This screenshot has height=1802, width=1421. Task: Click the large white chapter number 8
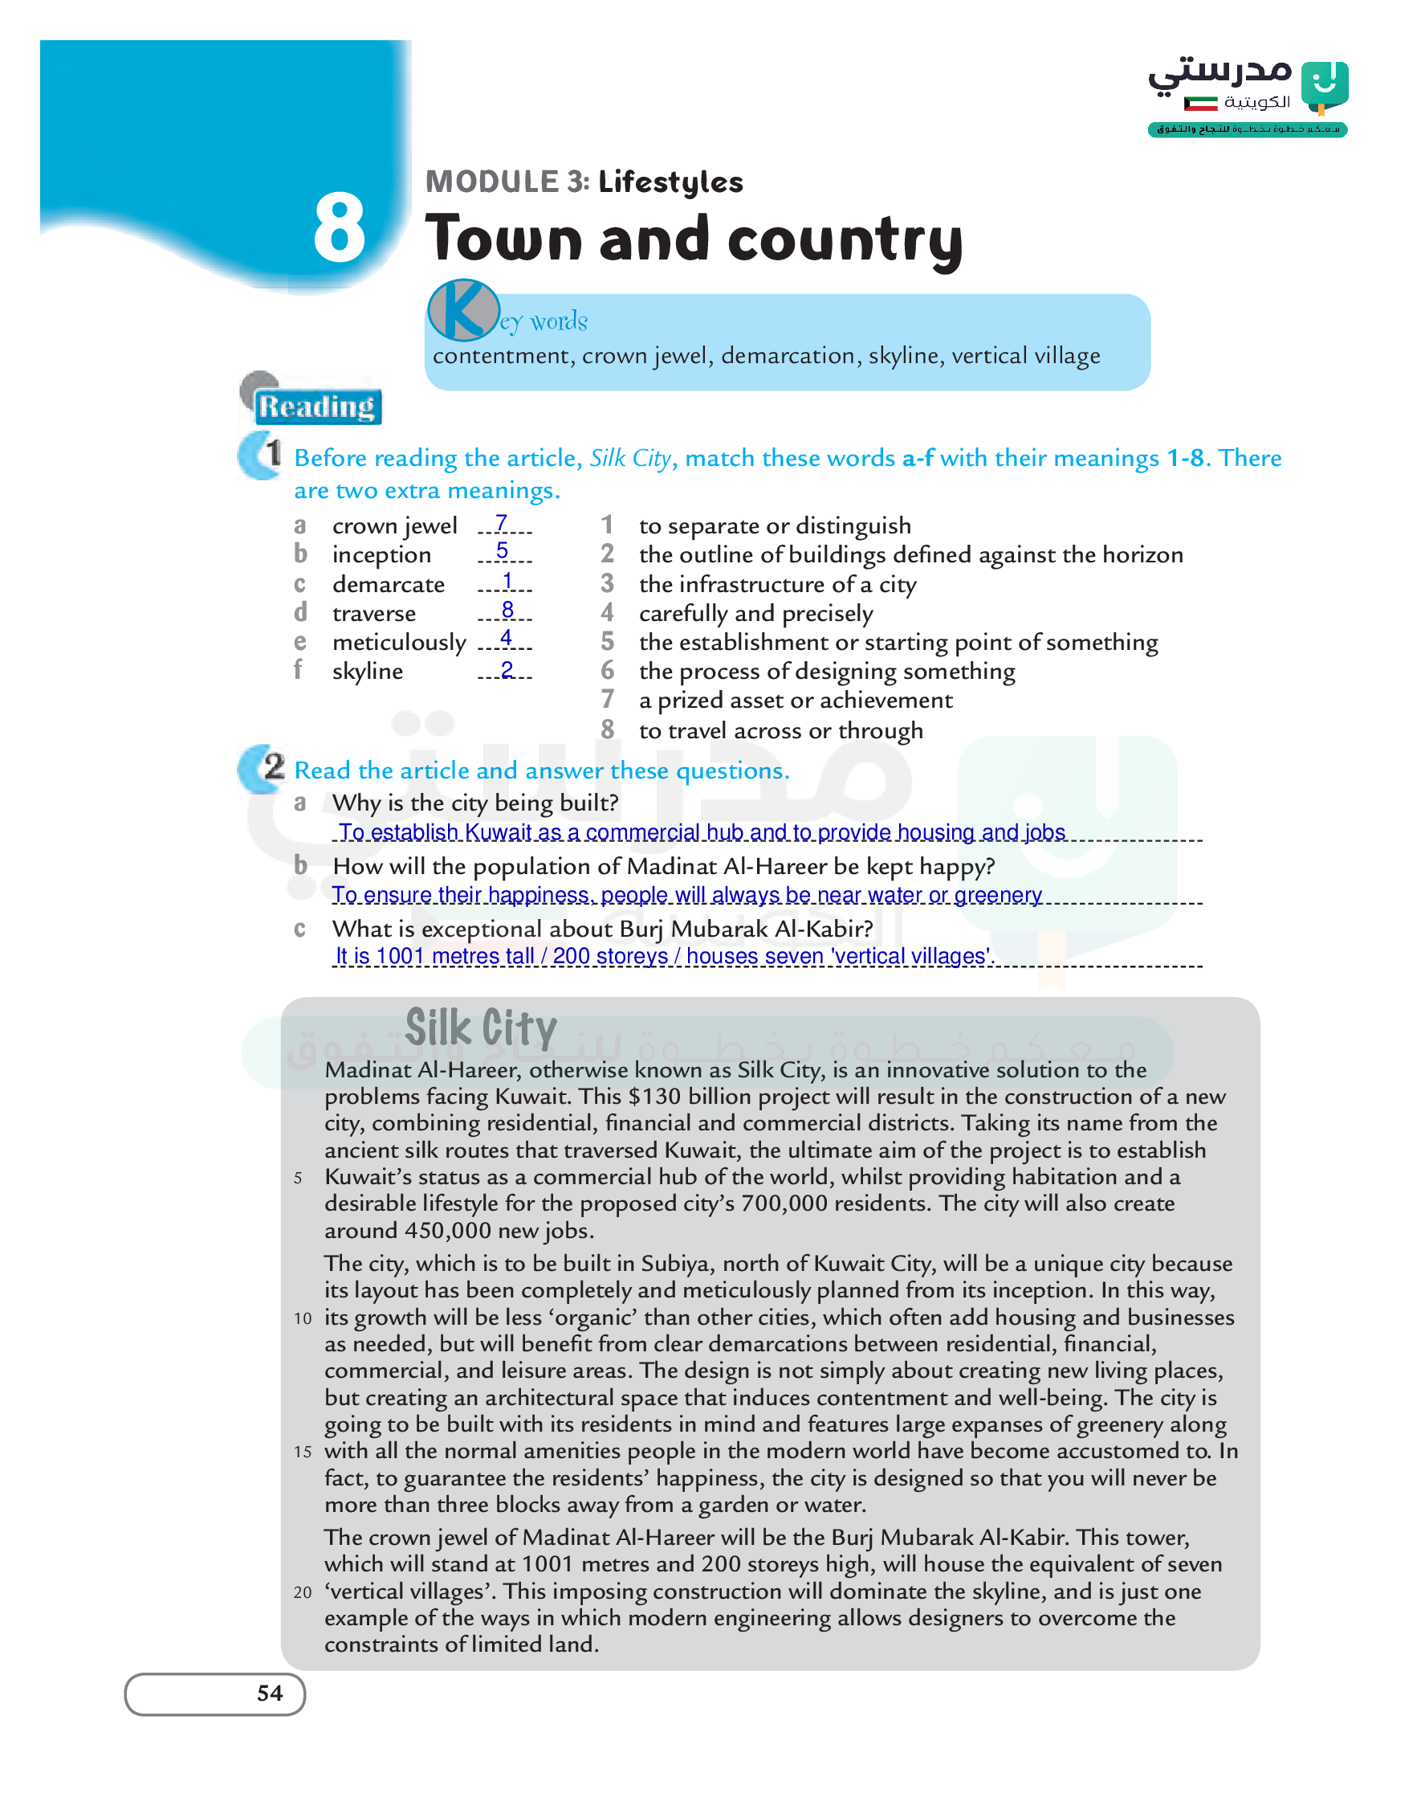coord(339,227)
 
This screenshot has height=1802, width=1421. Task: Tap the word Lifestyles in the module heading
coord(670,182)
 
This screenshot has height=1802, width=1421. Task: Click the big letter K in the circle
coord(462,309)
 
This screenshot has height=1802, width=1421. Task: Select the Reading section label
coord(317,407)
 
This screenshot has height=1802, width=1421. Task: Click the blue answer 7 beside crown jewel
coord(501,523)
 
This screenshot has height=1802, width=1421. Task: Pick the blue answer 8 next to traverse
coord(507,610)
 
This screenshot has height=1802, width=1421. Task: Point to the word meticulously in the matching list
coord(399,643)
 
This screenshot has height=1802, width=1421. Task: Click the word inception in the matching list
coord(381,555)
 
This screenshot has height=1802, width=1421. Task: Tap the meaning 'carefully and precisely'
coord(755,614)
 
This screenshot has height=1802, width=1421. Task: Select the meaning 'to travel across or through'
coord(780,731)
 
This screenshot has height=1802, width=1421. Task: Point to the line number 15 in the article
coord(302,1453)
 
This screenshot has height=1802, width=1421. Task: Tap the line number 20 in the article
coord(302,1592)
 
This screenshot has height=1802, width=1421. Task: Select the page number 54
coord(270,1693)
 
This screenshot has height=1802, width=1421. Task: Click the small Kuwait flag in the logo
coord(1200,103)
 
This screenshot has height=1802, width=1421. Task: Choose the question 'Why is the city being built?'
coord(475,803)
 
